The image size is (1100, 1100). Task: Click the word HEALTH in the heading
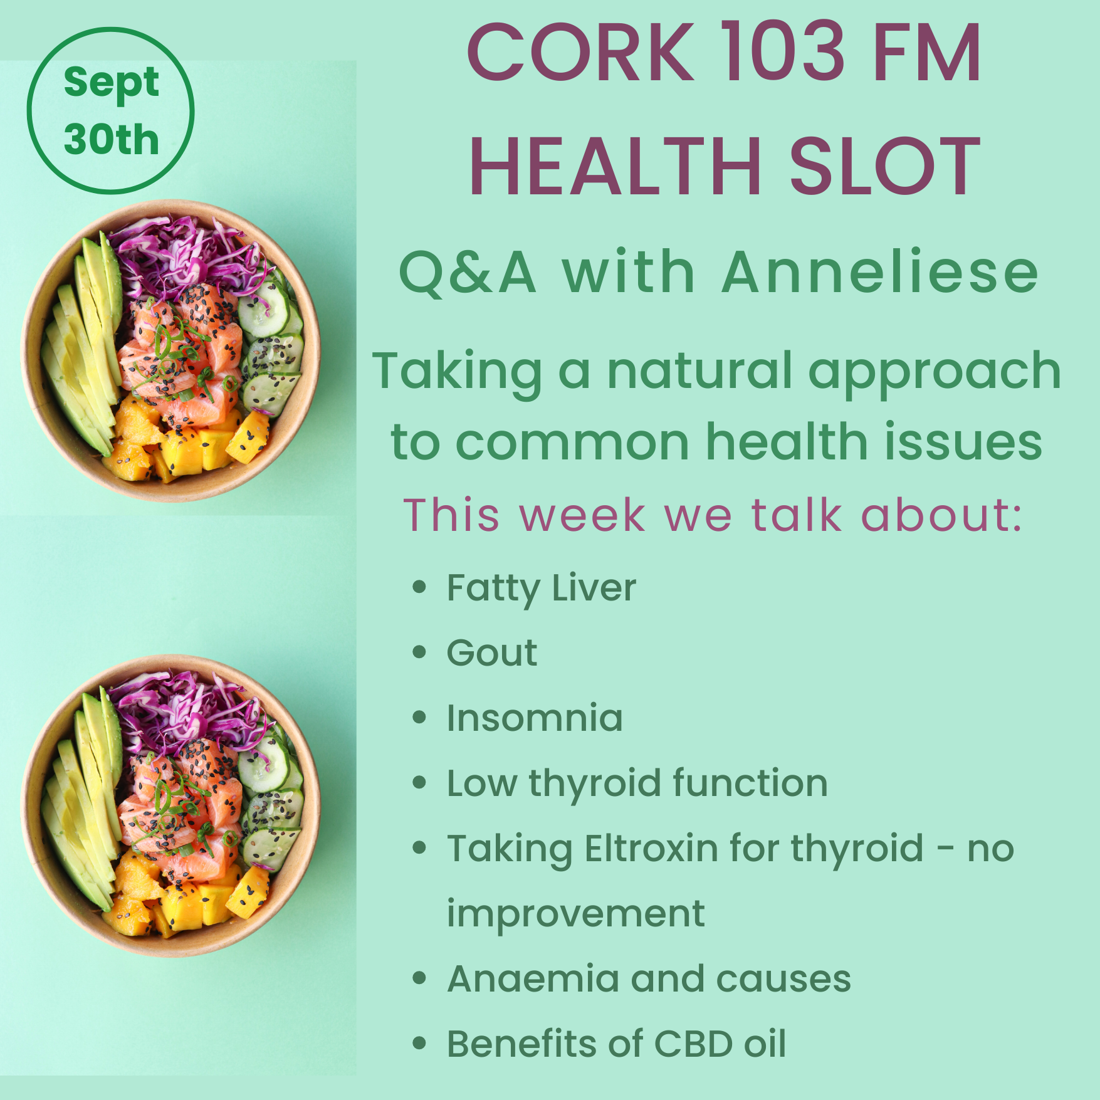pos(615,167)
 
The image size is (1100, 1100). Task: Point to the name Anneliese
pos(881,272)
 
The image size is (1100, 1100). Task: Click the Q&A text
pos(468,273)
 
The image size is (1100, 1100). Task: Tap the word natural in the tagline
pos(700,370)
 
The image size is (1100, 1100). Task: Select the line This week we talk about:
pos(713,514)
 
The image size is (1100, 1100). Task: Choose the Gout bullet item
pos(492,653)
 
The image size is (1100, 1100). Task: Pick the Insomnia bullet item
pos(535,718)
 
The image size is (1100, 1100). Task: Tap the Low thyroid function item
pos(637,784)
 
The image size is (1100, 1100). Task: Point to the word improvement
pos(575,915)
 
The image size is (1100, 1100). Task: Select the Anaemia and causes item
pos(649,978)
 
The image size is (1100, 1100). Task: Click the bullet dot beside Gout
pos(419,652)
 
